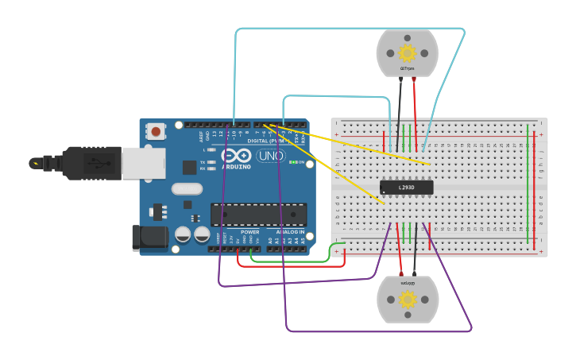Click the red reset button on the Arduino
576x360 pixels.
(156, 131)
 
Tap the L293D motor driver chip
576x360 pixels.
(407, 188)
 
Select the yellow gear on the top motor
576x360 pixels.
(408, 53)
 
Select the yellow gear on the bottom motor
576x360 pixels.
(408, 300)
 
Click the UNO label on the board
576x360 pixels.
(271, 156)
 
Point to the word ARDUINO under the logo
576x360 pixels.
(237, 167)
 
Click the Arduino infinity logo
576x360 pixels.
(237, 155)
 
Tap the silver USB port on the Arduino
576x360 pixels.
(144, 163)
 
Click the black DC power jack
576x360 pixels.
(149, 238)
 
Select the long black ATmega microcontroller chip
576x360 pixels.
(258, 215)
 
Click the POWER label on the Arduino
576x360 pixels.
(249, 232)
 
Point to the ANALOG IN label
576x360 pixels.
(290, 232)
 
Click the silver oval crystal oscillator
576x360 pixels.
(187, 189)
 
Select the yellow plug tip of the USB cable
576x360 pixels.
(34, 163)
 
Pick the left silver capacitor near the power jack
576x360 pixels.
(183, 234)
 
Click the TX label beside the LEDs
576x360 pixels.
(203, 162)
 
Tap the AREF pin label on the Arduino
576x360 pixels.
(201, 137)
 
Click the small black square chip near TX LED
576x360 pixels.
(189, 167)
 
